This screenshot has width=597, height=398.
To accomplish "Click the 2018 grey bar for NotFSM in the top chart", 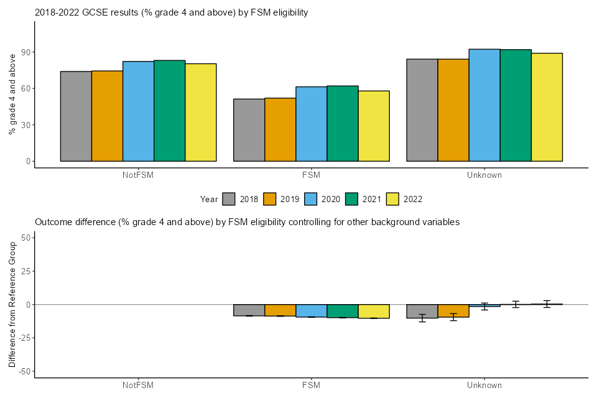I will click(76, 116).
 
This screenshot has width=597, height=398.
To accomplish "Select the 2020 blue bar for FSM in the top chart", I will click(311, 124).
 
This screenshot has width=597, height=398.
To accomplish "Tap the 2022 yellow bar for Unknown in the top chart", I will click(547, 107).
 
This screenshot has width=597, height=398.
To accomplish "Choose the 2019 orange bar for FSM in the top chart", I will click(280, 129).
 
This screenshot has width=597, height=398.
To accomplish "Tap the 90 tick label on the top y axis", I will click(25, 52).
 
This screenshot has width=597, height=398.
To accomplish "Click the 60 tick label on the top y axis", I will click(25, 88).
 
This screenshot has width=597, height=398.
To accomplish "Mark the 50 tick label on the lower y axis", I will click(25, 238).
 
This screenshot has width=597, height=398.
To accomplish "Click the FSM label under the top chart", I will click(311, 175).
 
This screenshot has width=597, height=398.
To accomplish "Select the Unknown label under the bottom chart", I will click(484, 385).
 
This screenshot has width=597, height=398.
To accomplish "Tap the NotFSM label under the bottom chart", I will click(138, 385).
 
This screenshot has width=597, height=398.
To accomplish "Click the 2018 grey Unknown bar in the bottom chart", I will click(422, 311).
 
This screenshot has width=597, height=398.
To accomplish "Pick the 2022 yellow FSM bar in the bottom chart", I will click(373, 311).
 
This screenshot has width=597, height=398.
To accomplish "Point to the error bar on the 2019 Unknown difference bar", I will click(453, 317).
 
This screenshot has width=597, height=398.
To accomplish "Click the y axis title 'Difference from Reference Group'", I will click(12, 304).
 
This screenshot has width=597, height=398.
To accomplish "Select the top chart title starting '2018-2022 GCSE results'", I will click(171, 12).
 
